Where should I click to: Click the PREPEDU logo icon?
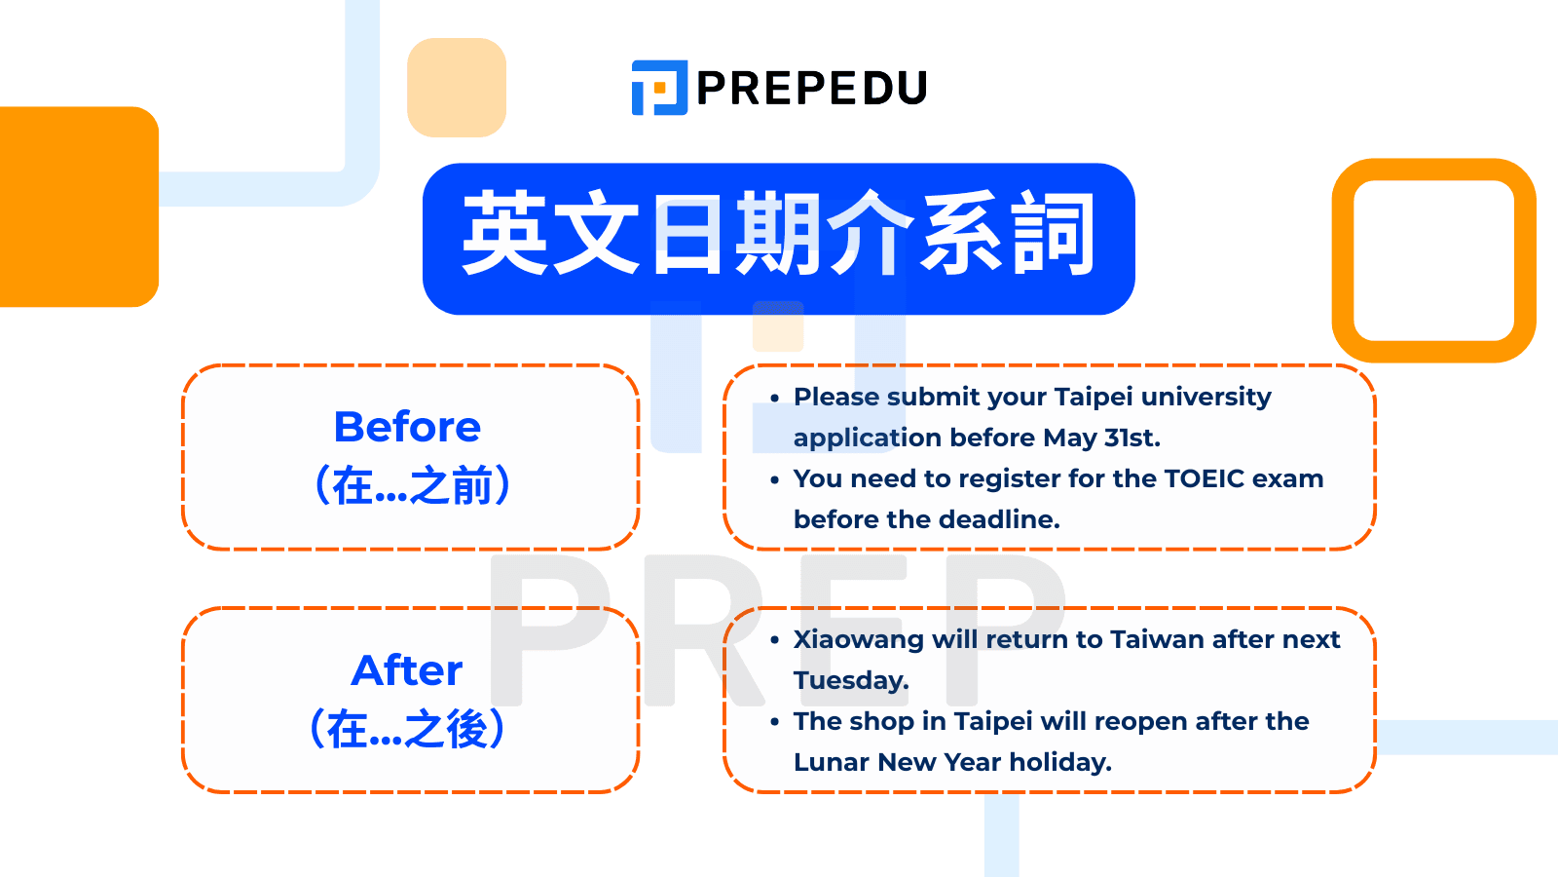[659, 88]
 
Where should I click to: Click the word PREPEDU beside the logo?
[812, 89]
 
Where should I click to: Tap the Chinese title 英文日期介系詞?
[778, 236]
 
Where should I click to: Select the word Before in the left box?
[407, 427]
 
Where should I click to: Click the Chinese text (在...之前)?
[411, 485]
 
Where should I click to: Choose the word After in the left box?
[407, 670]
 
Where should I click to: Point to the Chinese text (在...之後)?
[407, 729]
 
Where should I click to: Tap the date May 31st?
[1101, 438]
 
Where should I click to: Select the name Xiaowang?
[858, 639]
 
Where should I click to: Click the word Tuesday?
[850, 680]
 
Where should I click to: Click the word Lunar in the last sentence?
[831, 762]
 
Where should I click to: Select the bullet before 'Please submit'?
[774, 399]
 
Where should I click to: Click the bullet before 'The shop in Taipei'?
[774, 723]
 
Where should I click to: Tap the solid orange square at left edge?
[78, 207]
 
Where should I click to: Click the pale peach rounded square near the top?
[457, 88]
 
